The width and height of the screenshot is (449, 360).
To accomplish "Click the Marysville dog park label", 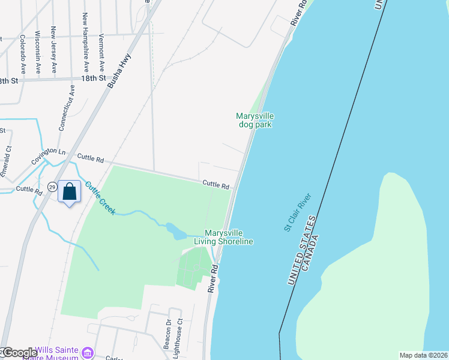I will pyautogui.click(x=255, y=120).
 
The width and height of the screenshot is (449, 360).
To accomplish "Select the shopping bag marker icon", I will pyautogui.click(x=70, y=192).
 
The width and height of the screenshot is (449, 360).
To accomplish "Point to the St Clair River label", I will pyautogui.click(x=298, y=212).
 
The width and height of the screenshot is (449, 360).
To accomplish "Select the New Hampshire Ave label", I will pyautogui.click(x=86, y=42).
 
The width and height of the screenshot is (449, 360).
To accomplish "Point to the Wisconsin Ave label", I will pyautogui.click(x=37, y=52).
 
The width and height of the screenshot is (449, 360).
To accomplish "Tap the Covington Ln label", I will pyautogui.click(x=48, y=157).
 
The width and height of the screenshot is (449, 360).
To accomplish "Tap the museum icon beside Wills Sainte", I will pyautogui.click(x=88, y=352).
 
